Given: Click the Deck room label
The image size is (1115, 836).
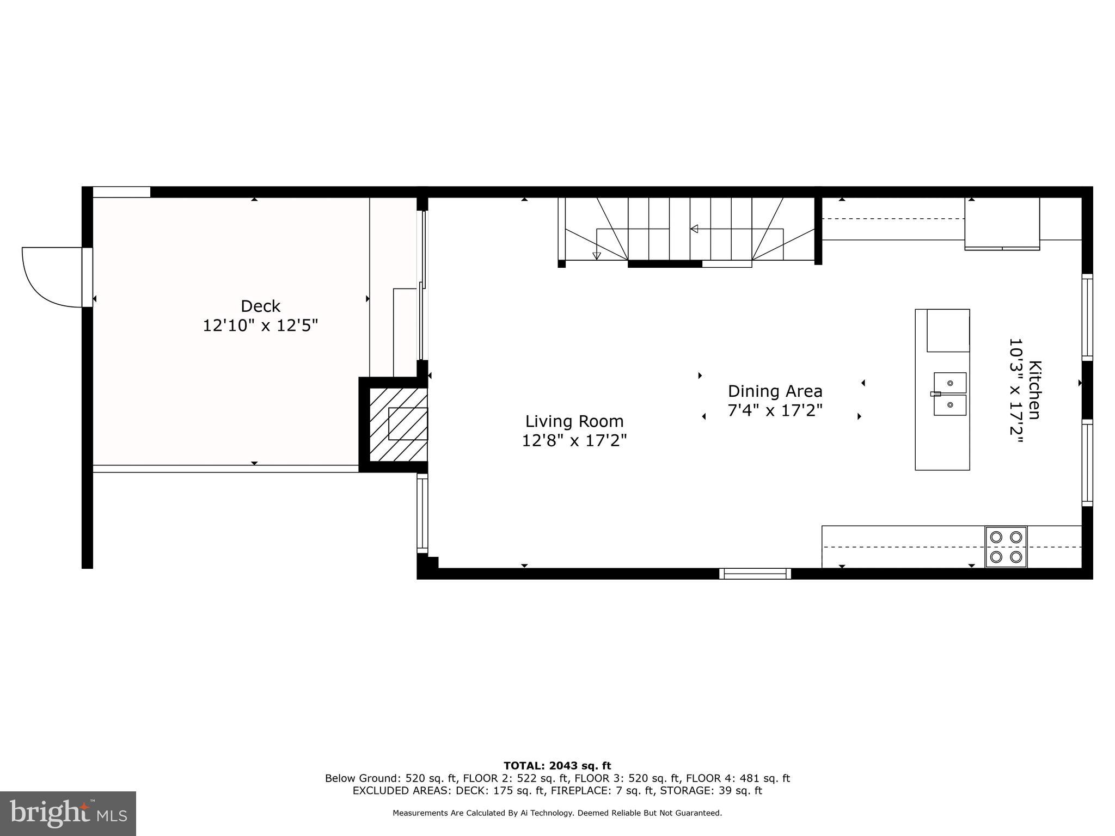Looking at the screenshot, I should click(x=260, y=306).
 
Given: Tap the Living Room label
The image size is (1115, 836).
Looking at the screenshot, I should click(x=574, y=421).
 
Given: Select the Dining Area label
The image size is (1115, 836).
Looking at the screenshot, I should click(x=775, y=391).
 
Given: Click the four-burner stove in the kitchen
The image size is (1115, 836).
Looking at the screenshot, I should click(x=1006, y=547).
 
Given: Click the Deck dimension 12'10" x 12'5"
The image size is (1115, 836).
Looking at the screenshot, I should click(x=260, y=325).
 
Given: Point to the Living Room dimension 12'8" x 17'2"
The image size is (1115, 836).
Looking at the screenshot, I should click(x=574, y=440).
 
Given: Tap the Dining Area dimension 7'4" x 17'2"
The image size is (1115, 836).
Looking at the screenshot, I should click(x=775, y=410).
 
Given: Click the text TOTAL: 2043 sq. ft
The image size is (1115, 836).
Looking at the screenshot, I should click(x=557, y=766).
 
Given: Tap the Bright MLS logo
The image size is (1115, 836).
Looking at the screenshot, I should click(x=68, y=813).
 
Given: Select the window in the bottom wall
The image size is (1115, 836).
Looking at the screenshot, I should click(x=755, y=573).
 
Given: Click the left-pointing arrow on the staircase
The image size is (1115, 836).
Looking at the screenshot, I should click(x=694, y=229).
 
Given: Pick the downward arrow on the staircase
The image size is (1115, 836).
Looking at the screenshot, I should click(x=597, y=255).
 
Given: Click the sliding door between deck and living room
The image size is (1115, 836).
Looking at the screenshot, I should click(x=422, y=286).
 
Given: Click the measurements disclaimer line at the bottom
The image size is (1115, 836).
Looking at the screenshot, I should click(x=557, y=813).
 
